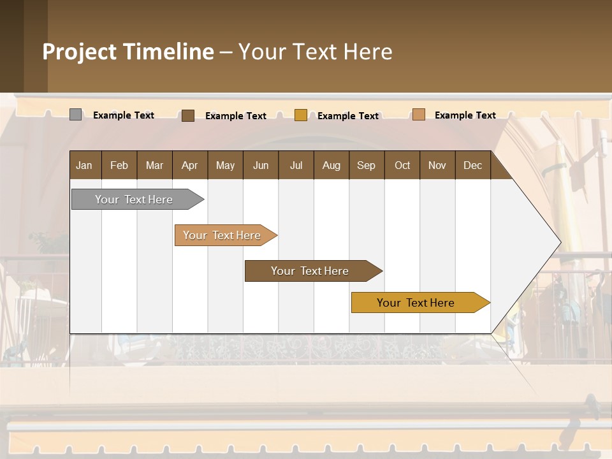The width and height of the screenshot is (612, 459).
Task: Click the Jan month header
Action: [x=84, y=165]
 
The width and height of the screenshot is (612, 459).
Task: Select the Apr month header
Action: [x=189, y=165]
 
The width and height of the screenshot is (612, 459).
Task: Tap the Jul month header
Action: [x=296, y=165]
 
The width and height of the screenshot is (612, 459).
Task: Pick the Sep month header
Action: [x=366, y=165]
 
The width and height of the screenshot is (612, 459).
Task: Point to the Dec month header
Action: [x=472, y=165]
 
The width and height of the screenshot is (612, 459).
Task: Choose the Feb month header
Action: [x=119, y=165]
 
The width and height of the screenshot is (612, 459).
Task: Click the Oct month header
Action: [x=402, y=165]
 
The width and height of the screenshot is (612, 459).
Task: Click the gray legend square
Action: [x=76, y=115]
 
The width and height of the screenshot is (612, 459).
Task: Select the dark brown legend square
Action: [x=188, y=115]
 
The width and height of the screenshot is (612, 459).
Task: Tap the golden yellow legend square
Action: [x=301, y=115]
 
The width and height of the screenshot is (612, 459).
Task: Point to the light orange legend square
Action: [x=419, y=115]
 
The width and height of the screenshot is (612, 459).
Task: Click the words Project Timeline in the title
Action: [x=128, y=52]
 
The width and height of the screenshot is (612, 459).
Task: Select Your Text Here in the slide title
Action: [x=315, y=52]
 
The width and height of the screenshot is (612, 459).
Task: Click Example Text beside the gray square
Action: [x=124, y=115]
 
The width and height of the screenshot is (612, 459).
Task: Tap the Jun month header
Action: [x=261, y=165]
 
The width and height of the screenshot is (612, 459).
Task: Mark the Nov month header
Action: [x=437, y=165]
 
